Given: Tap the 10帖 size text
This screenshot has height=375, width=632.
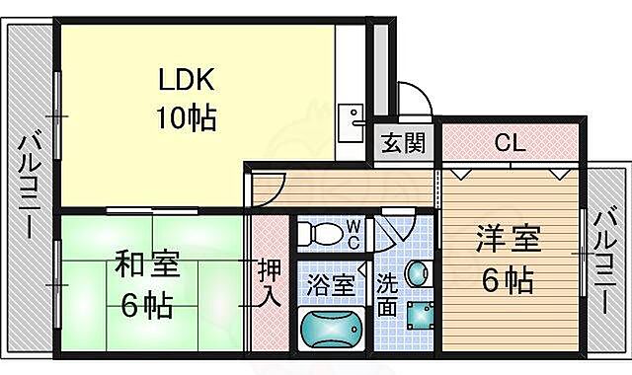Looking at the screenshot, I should coord(185,118).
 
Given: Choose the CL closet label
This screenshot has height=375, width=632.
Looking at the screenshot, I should coord(509,143).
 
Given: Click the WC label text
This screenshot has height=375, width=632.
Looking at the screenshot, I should coord(353,234).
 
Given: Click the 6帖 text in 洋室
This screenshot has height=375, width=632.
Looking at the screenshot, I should coord(508,281).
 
